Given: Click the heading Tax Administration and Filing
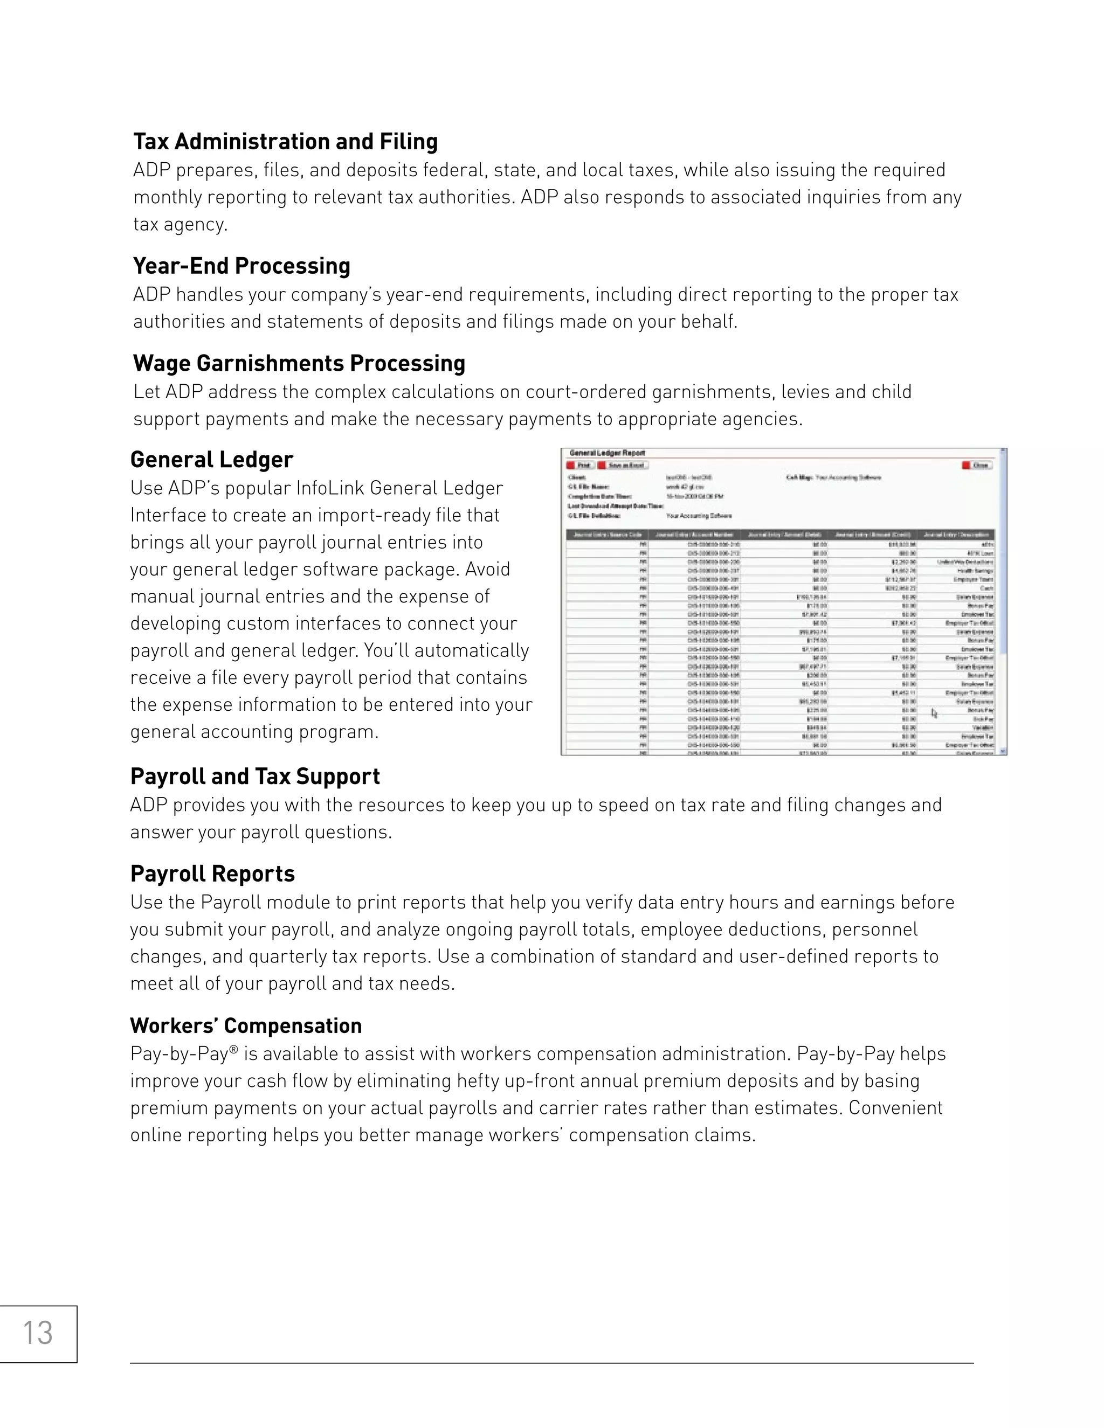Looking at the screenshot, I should tap(285, 141).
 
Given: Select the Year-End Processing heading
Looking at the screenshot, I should tap(241, 266).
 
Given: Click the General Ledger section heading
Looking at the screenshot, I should tap(211, 460).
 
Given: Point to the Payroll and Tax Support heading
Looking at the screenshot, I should tap(254, 776).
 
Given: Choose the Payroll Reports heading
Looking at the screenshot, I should tap(212, 874).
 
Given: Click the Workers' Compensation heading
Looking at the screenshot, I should tap(245, 1025).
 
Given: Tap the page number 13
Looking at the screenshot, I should tap(37, 1333).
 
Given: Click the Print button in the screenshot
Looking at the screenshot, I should tap(580, 466).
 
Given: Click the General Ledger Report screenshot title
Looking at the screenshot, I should tap(607, 453).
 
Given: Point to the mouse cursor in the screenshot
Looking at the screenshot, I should tap(934, 713).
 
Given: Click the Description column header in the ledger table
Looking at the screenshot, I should tap(956, 534).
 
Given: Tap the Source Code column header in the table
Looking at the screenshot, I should tap(606, 534).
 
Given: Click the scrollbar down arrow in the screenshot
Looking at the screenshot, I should tap(1003, 751).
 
